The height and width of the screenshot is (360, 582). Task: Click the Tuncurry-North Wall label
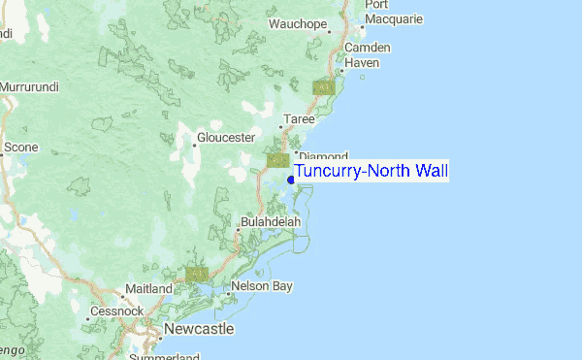click(x=372, y=172)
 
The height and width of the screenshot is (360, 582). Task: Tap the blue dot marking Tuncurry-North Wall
click(x=291, y=180)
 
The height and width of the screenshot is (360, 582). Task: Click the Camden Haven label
click(x=368, y=54)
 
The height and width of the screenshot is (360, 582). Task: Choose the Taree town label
click(x=297, y=119)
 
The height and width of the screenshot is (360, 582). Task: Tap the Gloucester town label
click(x=225, y=138)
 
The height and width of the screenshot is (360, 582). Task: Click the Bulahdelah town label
click(x=274, y=222)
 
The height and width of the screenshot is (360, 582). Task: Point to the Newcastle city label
click(x=199, y=330)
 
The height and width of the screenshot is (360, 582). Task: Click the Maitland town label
click(x=147, y=289)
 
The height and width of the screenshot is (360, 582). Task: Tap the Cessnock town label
click(x=116, y=311)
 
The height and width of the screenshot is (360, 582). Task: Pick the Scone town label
click(x=20, y=147)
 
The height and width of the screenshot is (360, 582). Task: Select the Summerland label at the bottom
click(x=160, y=356)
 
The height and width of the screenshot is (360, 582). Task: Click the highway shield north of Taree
click(x=323, y=87)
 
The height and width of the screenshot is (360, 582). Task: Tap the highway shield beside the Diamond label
click(x=277, y=159)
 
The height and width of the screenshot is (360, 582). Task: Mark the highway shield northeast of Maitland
click(x=197, y=276)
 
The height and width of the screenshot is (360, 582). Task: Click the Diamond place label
click(x=323, y=155)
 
